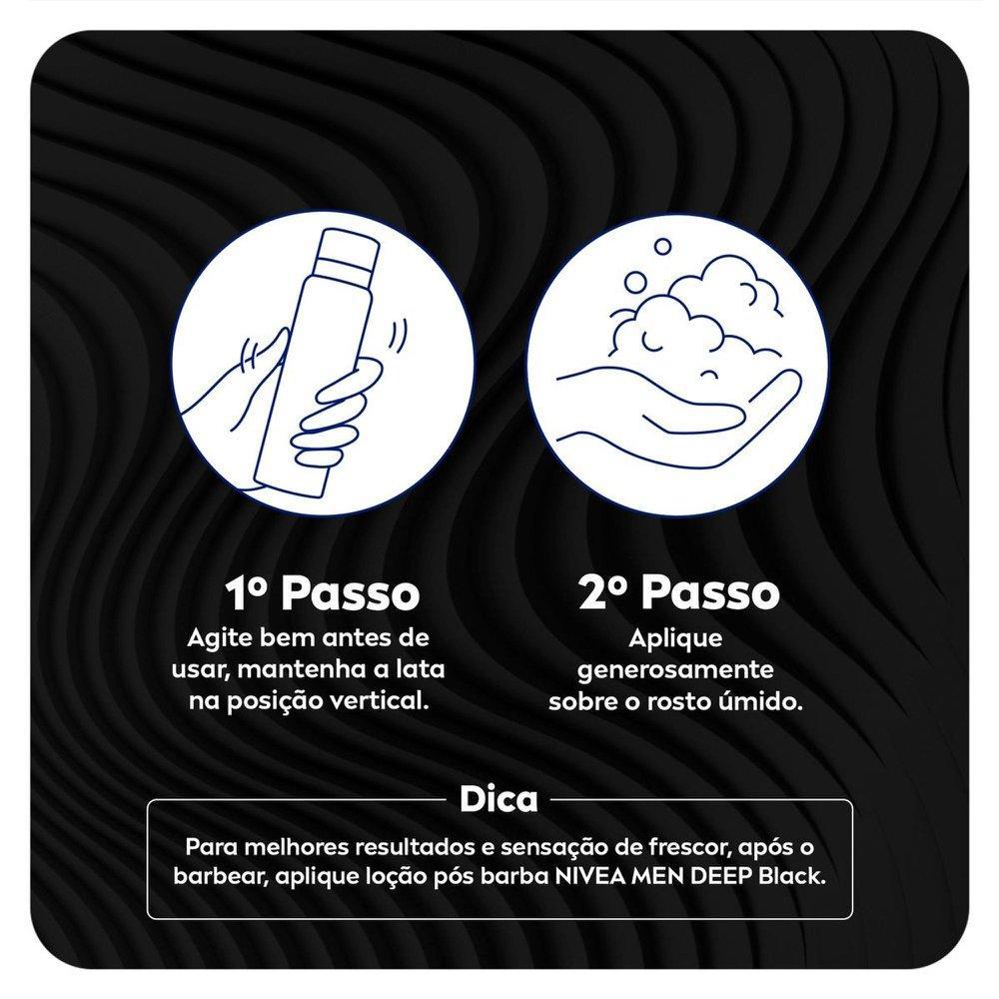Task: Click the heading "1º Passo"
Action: tap(323, 593)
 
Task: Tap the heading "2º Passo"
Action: tap(679, 592)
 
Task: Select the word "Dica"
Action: tap(499, 799)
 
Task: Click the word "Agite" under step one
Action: tap(213, 638)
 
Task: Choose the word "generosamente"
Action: tap(675, 670)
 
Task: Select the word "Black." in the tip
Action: tap(792, 877)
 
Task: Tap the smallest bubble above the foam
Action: tap(663, 246)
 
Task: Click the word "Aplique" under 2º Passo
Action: tap(675, 638)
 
